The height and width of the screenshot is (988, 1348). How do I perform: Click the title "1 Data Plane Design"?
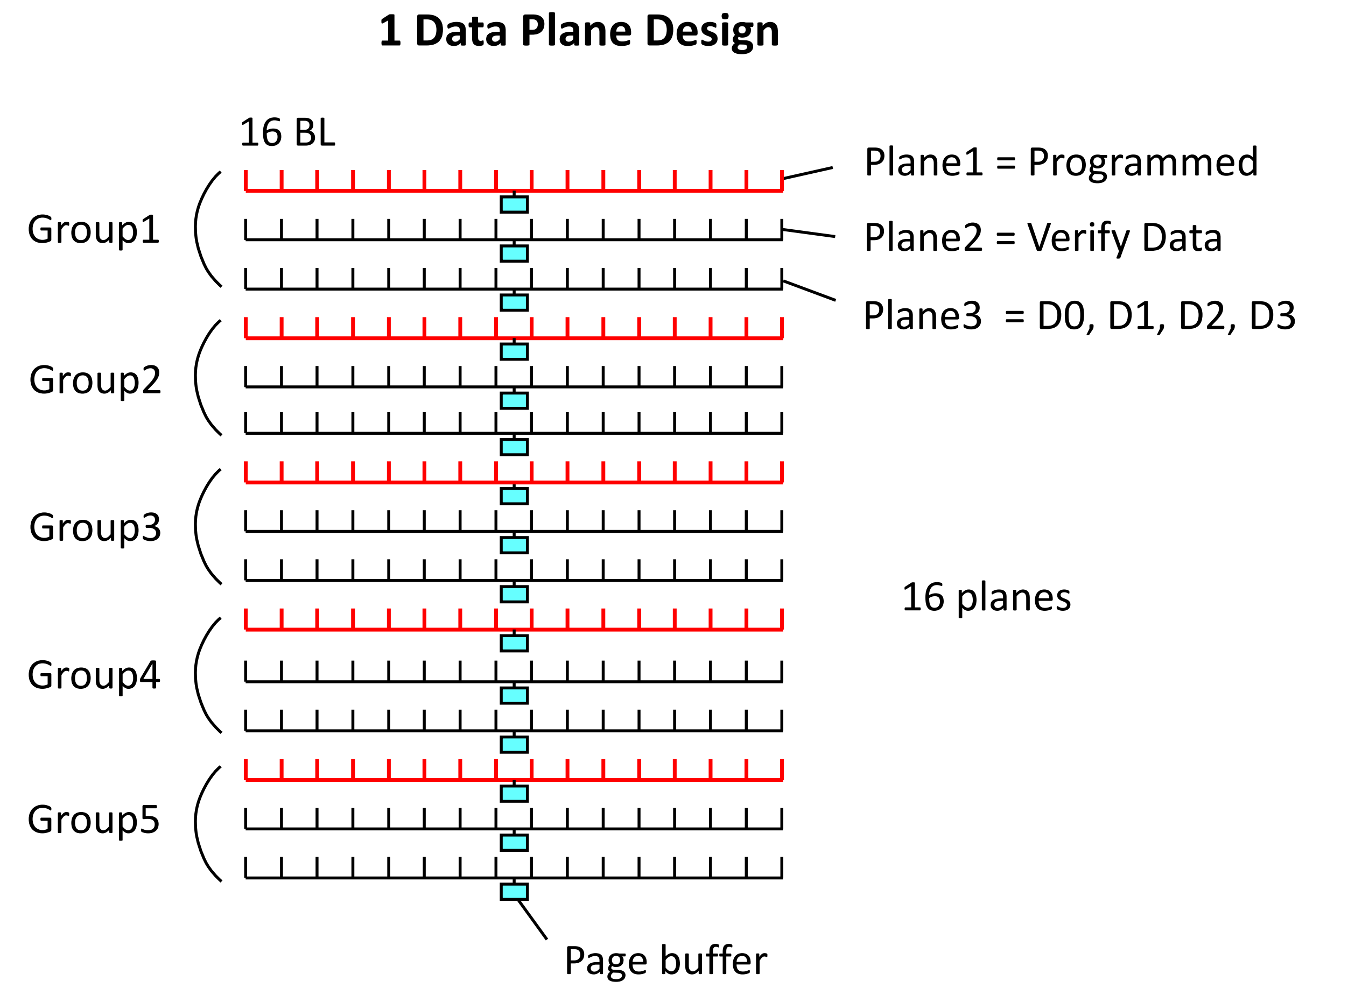tap(579, 31)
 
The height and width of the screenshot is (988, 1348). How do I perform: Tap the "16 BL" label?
tap(287, 132)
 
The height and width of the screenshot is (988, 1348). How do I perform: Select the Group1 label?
tap(94, 229)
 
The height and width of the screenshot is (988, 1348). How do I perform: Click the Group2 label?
tap(95, 380)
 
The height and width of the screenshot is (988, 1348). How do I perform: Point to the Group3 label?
tap(95, 527)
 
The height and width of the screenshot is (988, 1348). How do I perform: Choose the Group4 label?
tap(94, 675)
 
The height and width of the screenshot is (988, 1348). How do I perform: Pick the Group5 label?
tap(94, 820)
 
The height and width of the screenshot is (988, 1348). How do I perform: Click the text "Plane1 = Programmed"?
tap(1061, 162)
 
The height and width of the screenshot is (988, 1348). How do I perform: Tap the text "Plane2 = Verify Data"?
tap(1043, 237)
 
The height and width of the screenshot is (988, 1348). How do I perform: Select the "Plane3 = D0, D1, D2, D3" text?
tap(1079, 316)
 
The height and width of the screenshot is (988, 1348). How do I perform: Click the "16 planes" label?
tap(986, 597)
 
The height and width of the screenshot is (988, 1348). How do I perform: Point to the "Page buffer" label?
tap(665, 961)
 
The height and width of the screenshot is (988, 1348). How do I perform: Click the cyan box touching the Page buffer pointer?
tap(514, 892)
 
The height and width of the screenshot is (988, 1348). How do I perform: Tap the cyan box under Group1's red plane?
tap(514, 204)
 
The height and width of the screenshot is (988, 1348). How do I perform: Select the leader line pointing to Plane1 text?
tap(807, 173)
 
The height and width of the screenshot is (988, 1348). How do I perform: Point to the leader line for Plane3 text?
tap(809, 290)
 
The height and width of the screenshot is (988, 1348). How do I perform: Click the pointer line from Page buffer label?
tap(532, 919)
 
